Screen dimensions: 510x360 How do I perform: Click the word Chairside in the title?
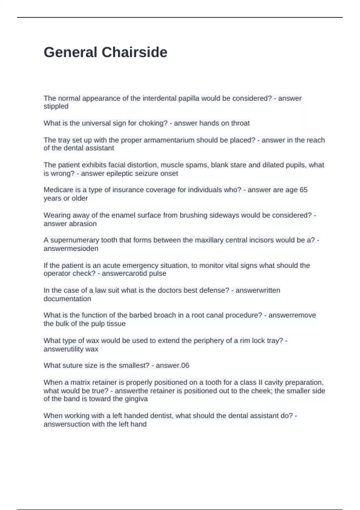(134, 52)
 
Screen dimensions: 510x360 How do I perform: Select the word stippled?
(56, 106)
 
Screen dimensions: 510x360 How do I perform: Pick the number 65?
(303, 190)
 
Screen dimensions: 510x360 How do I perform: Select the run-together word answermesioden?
(71, 249)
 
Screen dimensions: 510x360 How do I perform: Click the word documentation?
(67, 299)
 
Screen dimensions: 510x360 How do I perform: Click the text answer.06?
(172, 365)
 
